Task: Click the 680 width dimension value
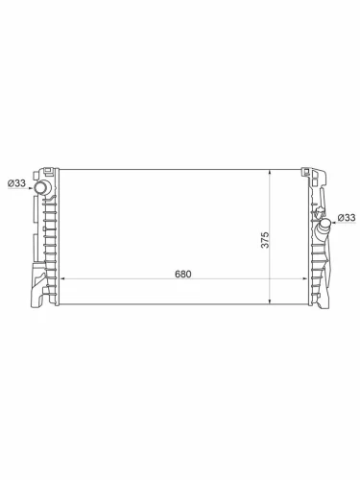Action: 182,274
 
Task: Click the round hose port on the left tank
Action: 43,185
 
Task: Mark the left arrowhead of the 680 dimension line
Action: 63,280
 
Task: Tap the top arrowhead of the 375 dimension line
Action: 276,169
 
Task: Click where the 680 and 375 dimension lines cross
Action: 276,280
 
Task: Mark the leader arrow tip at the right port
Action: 333,220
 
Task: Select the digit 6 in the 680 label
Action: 176,274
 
